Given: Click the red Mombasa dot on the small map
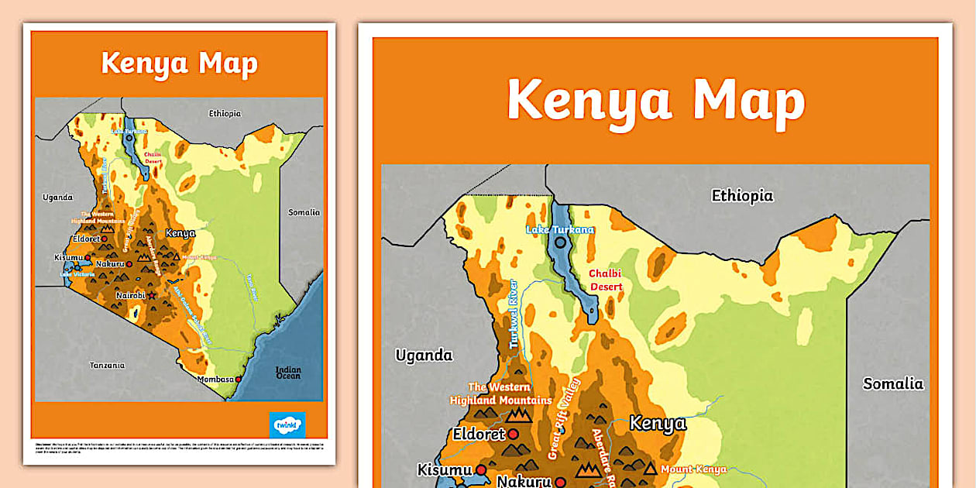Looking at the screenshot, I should tap(239, 380).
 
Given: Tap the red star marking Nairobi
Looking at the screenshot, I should tap(152, 296).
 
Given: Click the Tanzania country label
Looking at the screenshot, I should tap(106, 365).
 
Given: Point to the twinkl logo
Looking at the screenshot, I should tap(287, 425).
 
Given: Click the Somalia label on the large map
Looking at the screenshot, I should tap(893, 383).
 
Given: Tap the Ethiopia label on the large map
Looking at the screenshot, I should tap(742, 196).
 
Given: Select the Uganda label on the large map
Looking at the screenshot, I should tap(424, 356).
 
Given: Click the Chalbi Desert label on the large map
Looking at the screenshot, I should tap(605, 280).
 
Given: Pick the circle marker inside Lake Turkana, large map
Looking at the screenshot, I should tap(559, 242).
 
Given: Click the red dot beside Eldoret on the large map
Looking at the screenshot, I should tap(513, 435).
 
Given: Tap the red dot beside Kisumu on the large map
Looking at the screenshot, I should tap(481, 469).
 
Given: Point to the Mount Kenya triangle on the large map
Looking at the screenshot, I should tap(650, 469).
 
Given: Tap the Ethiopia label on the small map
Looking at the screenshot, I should tap(225, 113).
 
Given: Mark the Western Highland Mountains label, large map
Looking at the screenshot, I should tap(500, 393).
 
